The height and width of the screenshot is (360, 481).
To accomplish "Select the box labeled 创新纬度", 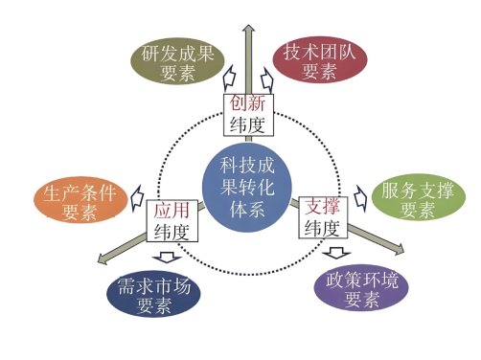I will tap(246, 114).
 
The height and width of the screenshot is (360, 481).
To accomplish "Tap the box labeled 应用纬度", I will tap(172, 219).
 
